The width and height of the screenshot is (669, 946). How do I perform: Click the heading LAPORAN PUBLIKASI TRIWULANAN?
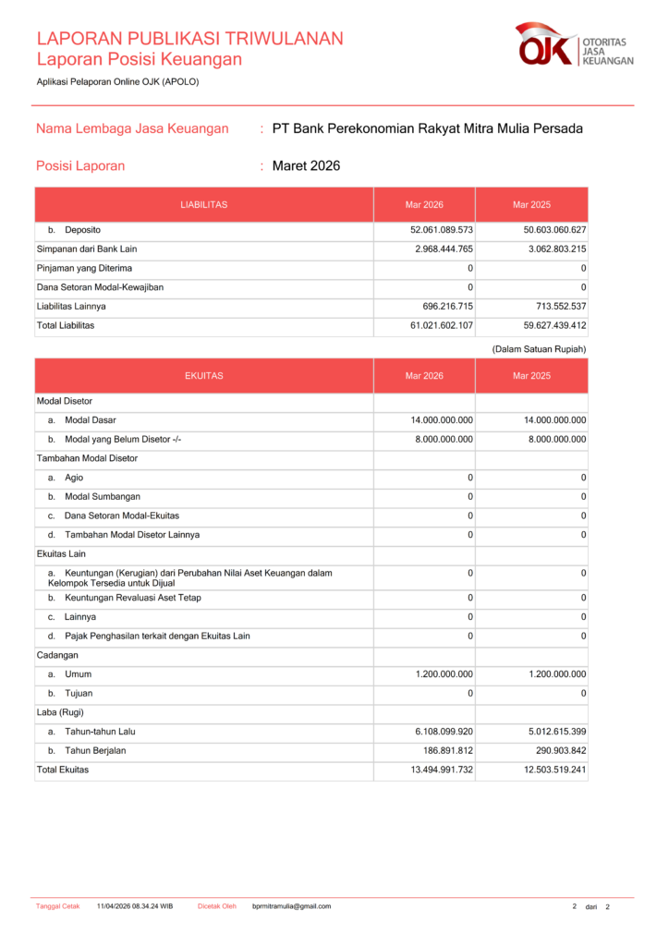pos(189,39)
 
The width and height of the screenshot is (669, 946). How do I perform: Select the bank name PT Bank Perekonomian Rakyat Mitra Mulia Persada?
pos(427,128)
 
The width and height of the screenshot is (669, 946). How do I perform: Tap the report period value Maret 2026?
pos(306,166)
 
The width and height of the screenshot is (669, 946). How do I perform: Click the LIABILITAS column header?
pos(204,204)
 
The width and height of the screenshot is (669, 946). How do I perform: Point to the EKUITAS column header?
pos(204,376)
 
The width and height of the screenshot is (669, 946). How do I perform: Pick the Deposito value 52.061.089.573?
pos(442,230)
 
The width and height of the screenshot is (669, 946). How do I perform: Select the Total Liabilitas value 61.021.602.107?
pos(442,326)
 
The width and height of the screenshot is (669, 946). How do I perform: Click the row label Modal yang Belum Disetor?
pos(122,440)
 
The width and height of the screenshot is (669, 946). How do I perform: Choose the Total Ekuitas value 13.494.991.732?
pos(442,770)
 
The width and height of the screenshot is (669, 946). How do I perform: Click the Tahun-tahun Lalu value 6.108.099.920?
pos(442,732)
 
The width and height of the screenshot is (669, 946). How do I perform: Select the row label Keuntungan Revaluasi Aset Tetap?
pos(132,599)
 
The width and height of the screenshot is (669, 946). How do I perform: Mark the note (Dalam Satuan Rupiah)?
pos(539,348)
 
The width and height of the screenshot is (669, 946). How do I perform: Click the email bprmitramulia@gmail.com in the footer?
pos(291,906)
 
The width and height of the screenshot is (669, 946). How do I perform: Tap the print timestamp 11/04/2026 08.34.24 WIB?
pos(135,906)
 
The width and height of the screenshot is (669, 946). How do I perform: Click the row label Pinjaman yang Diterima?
pos(84,268)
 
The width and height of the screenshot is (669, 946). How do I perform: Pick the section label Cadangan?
pos(56,656)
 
